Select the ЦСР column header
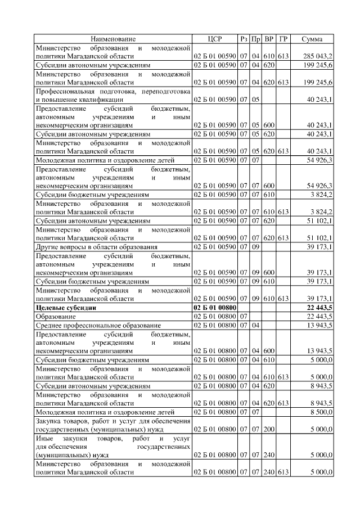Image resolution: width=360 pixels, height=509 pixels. pos(214,39)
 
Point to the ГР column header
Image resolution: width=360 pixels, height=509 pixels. pos(283,39)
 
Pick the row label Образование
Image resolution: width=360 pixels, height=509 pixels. pos(55,317)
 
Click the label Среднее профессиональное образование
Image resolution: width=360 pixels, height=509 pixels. pos(98,326)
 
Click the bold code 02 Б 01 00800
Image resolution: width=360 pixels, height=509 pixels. pos(214,308)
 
